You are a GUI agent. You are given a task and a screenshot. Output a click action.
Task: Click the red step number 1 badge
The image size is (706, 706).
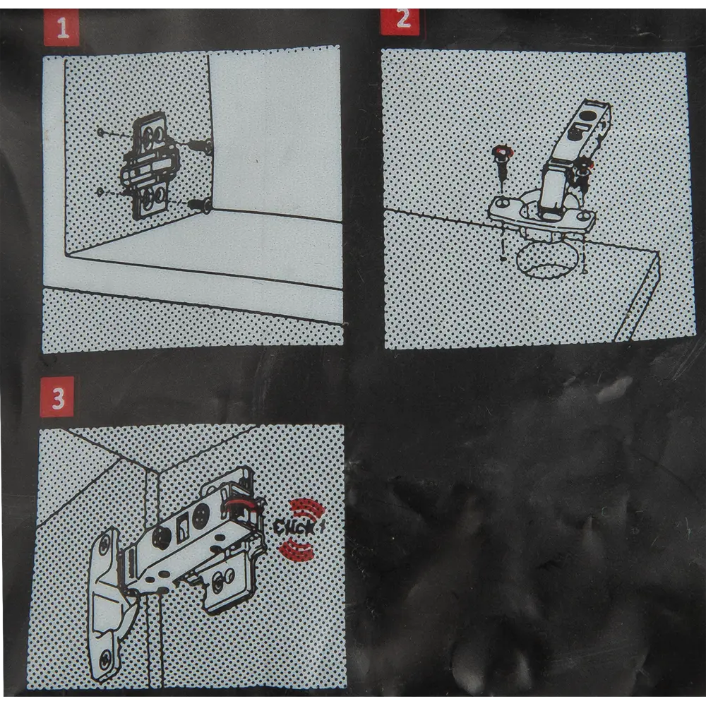(61, 28)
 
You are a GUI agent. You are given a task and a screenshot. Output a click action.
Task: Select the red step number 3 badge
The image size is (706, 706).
(56, 397)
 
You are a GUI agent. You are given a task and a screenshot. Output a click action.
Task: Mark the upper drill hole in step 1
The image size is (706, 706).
(101, 133)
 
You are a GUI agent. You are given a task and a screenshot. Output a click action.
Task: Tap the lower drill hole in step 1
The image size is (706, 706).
(101, 192)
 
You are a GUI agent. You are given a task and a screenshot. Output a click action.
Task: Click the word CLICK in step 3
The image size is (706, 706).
(295, 527)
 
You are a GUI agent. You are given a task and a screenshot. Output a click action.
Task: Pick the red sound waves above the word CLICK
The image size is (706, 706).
(308, 508)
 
